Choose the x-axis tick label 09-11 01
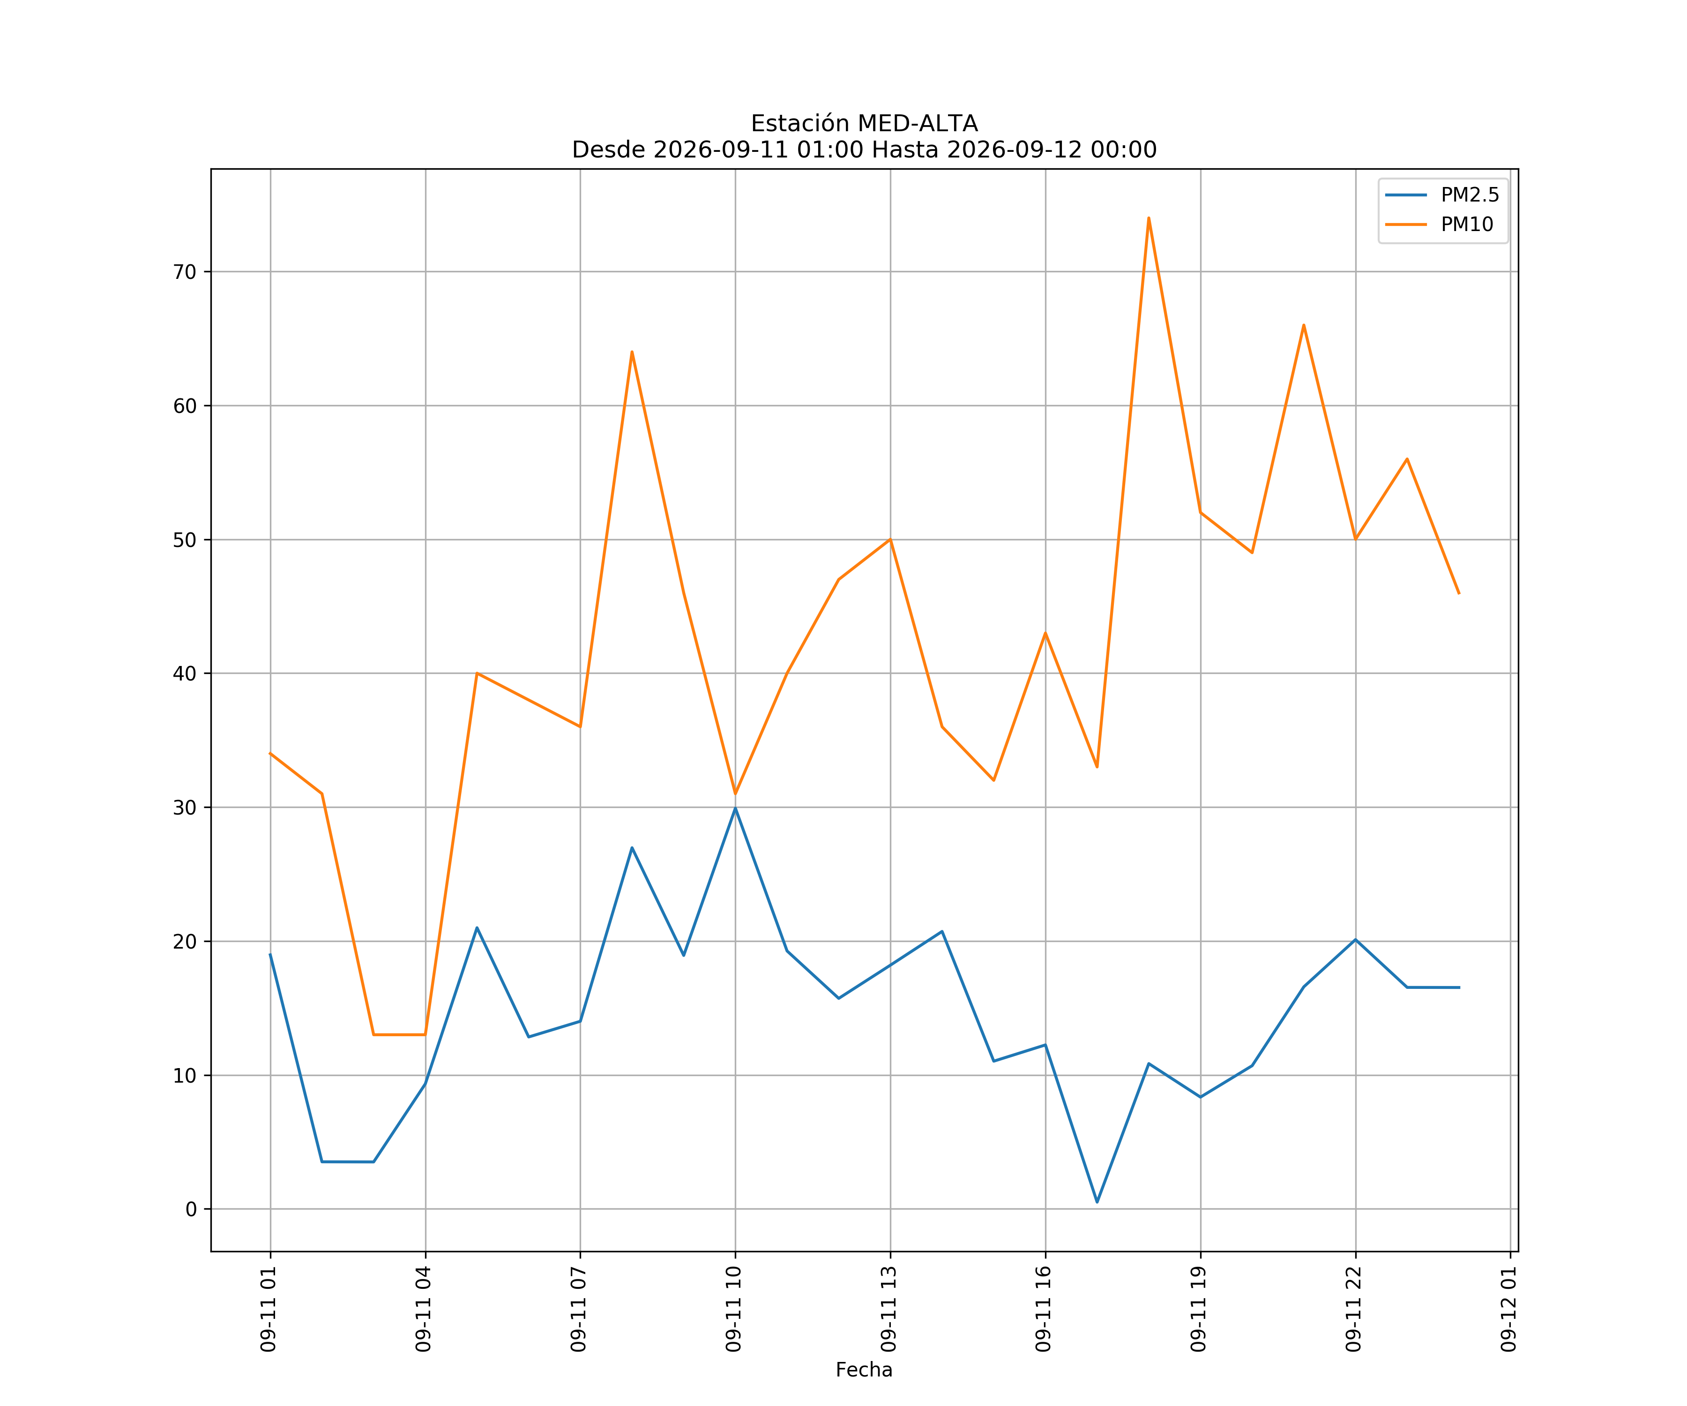point(269,1309)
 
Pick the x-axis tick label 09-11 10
point(733,1309)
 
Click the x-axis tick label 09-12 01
point(1508,1309)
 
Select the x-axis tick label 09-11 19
point(1199,1309)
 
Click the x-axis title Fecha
point(865,1370)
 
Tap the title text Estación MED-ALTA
point(865,124)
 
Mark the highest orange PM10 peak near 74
point(1149,218)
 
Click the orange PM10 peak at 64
point(632,352)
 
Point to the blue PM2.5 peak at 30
point(735,808)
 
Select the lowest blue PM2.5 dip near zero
point(1097,1202)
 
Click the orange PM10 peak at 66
point(1304,325)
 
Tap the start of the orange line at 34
point(271,754)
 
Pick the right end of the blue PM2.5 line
point(1459,987)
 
